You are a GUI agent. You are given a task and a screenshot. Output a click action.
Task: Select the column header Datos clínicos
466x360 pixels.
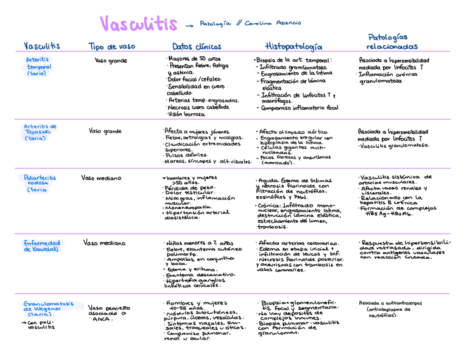197,47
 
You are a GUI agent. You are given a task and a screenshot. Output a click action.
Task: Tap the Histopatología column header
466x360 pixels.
294,47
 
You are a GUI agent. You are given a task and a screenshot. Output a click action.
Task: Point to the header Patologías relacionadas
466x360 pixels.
393,42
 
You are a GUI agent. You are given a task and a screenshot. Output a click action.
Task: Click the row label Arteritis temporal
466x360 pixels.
38,66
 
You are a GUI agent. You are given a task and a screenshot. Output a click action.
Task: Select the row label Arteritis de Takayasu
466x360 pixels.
40,132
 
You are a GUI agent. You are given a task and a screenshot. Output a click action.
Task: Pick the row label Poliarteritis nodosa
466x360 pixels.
40,183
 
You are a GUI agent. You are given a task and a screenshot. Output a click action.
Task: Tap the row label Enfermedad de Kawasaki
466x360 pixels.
42,246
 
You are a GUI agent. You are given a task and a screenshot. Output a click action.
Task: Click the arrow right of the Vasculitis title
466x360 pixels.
190,26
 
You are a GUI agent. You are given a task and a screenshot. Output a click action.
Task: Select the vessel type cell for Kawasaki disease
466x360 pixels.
104,243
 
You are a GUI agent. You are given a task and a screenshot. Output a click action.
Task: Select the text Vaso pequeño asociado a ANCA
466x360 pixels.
104,313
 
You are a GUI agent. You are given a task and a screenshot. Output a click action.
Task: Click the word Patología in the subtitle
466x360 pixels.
215,23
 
